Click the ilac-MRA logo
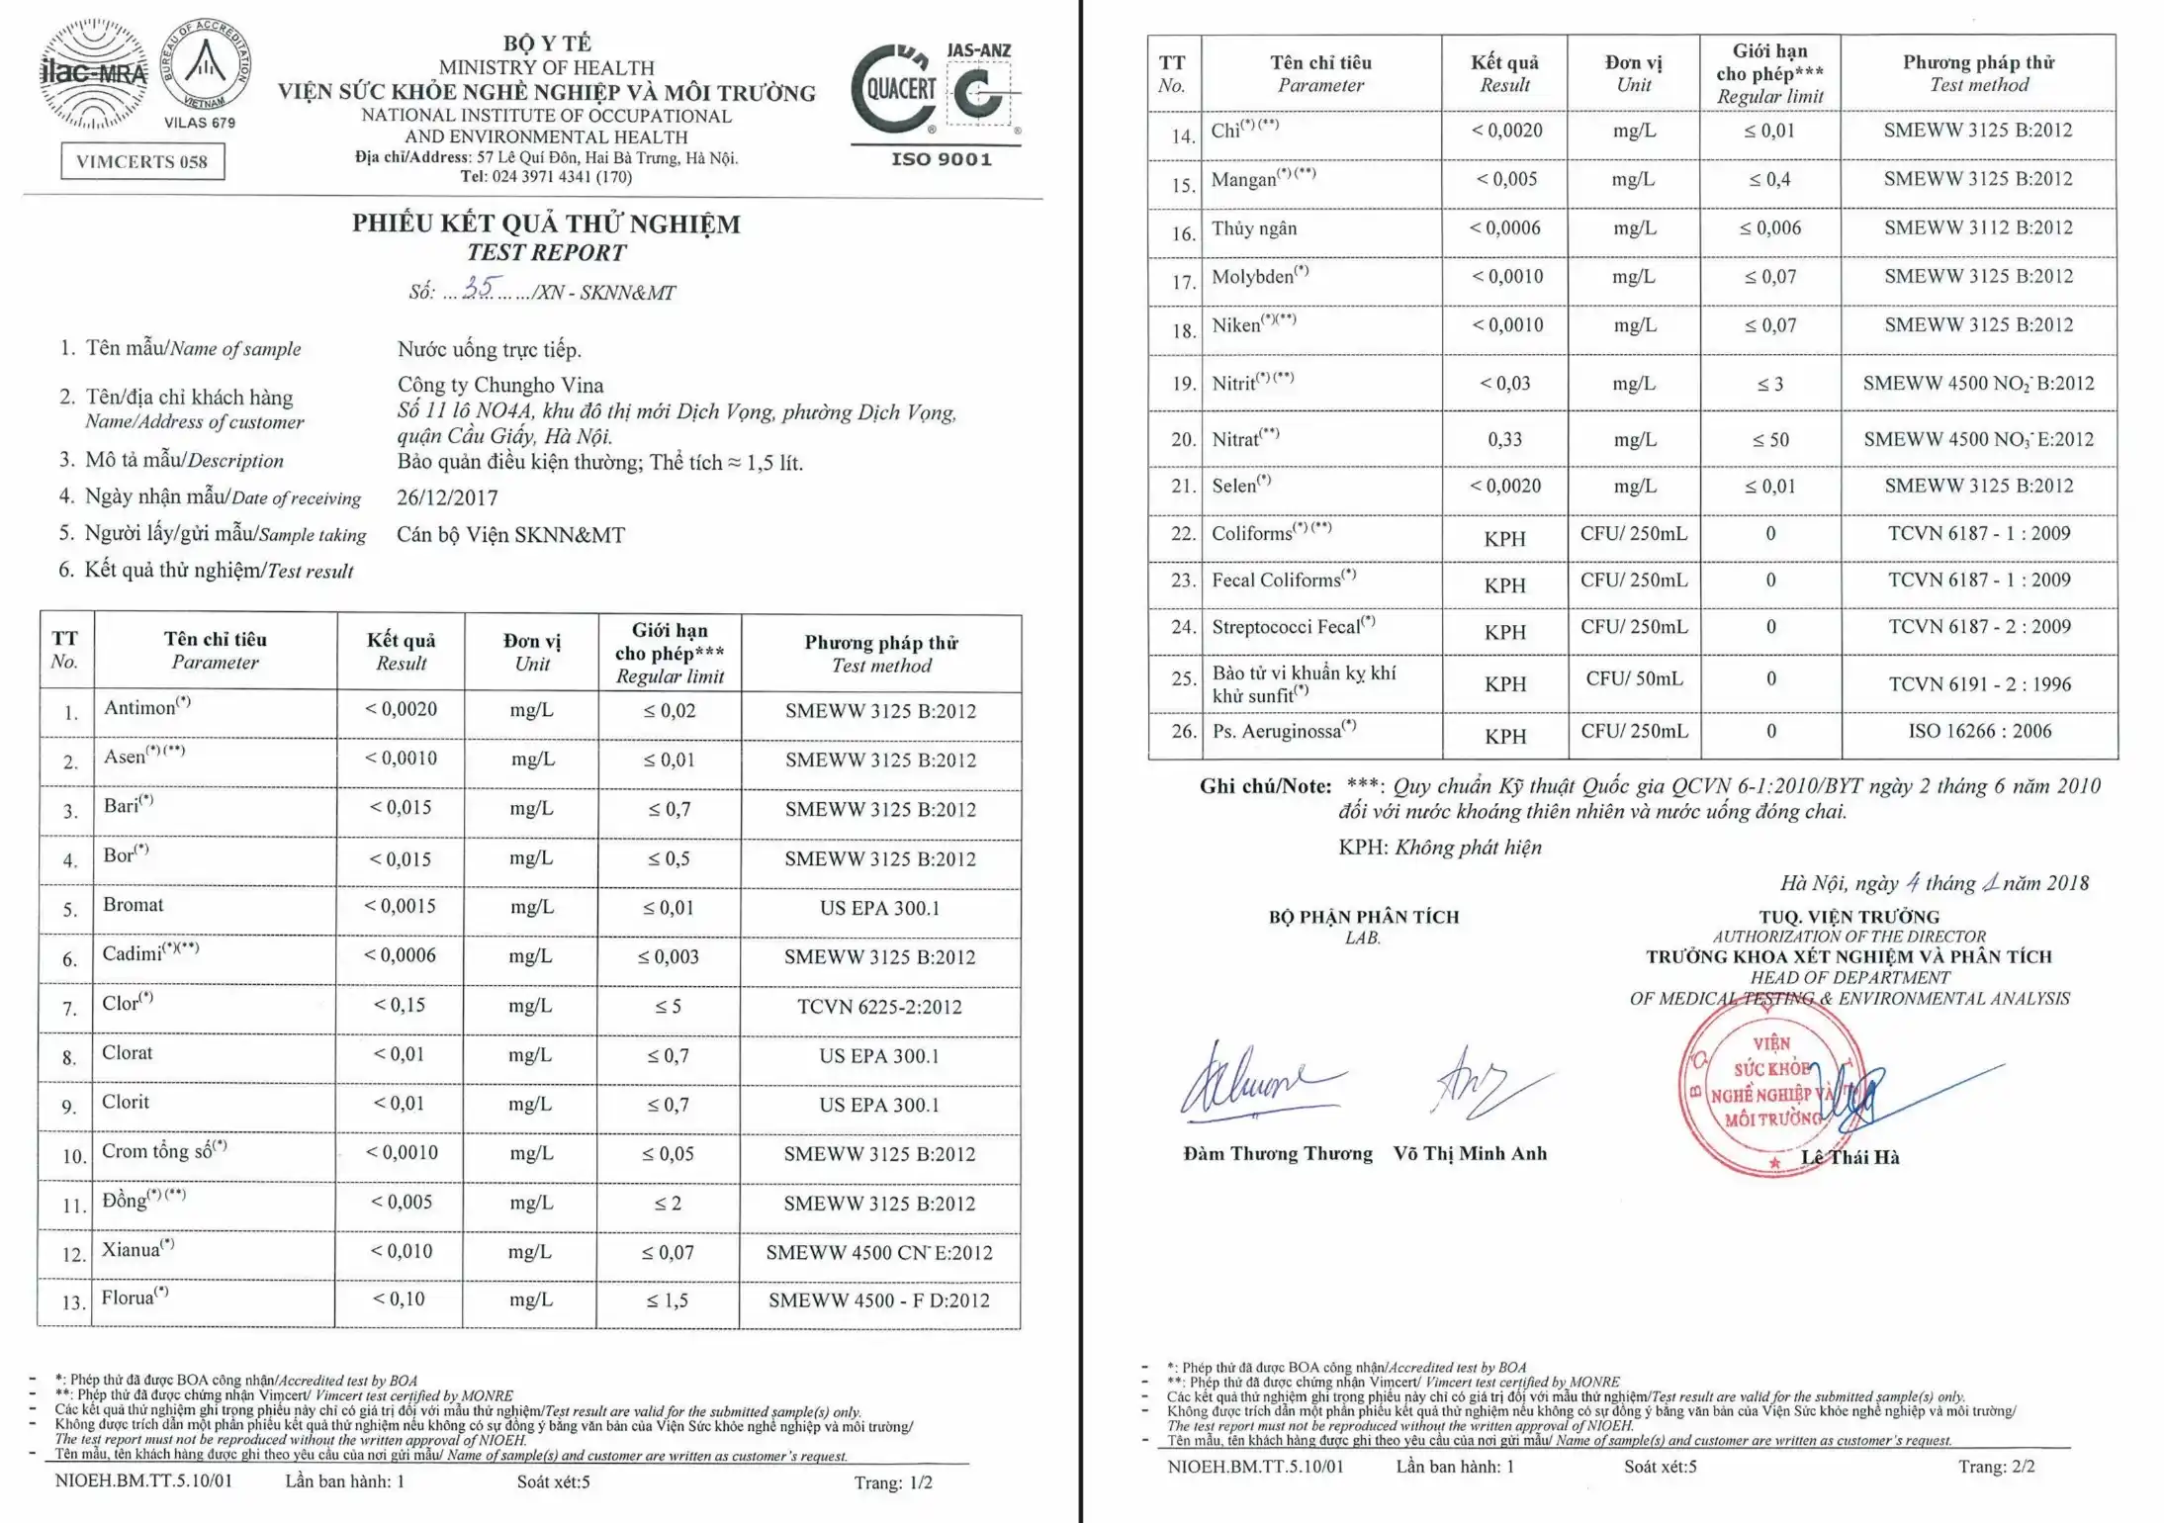tap(94, 74)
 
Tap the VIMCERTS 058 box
tap(142, 161)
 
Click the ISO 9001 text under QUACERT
tap(941, 159)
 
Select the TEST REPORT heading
tap(546, 253)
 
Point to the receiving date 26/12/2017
tap(447, 497)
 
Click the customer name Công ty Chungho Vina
tap(500, 385)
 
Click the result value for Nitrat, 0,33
tap(1504, 439)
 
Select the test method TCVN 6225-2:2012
tap(879, 1007)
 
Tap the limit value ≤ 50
tap(1770, 439)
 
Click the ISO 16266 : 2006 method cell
tap(1979, 731)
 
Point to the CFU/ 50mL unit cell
tap(1634, 678)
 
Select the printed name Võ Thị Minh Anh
tap(1470, 1153)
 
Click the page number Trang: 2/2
tap(1996, 1467)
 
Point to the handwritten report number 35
tap(479, 288)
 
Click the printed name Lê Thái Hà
tap(1849, 1157)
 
